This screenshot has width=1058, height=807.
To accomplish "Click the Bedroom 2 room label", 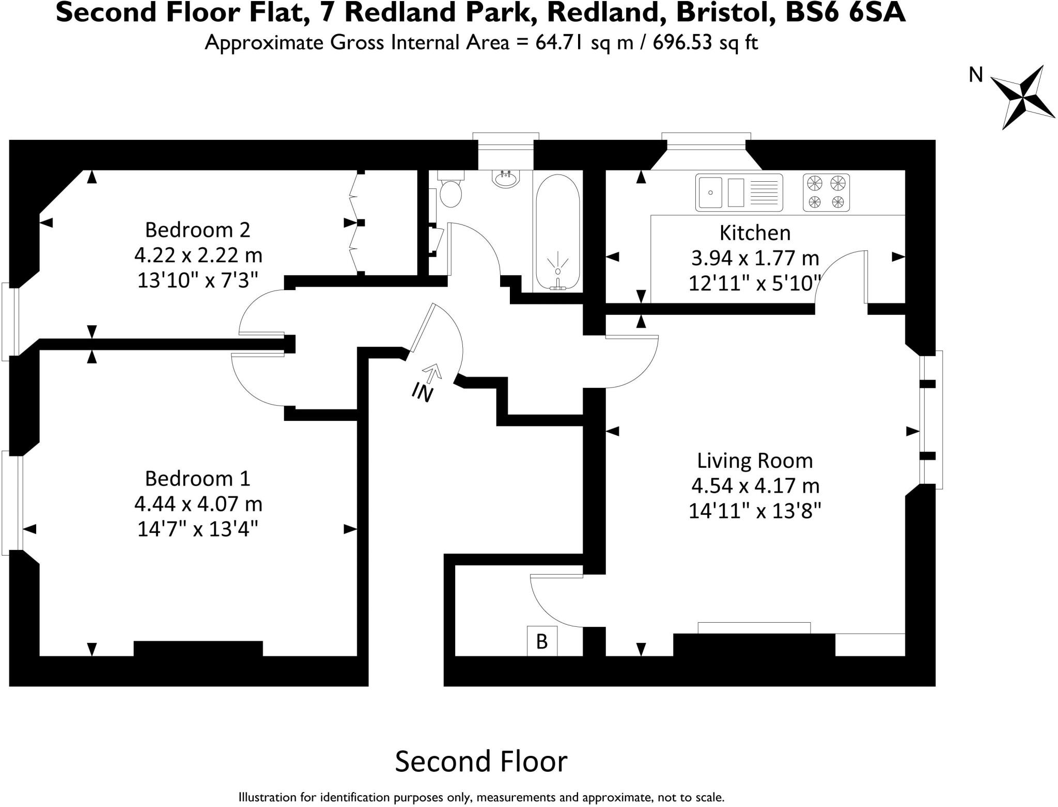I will coord(197,230).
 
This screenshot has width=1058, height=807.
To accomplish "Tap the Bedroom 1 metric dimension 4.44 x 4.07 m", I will coord(198,503).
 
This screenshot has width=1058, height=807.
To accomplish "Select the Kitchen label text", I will coord(755,233).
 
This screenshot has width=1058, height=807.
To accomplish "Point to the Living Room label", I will coord(755,461).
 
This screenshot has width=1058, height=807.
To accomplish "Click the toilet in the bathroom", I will coord(451,192).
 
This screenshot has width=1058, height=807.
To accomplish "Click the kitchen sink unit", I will coord(739,193).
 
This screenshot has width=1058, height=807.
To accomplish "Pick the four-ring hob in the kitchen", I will coord(826,193).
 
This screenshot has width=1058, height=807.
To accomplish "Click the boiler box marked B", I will coord(541,641).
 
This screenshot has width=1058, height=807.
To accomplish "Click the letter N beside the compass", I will coord(975,75).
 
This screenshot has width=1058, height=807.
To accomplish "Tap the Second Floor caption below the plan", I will coord(481,762).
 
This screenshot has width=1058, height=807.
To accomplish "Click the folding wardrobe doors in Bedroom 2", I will coord(354,223).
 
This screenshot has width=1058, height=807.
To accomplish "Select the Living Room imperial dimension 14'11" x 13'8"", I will coord(755,511).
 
